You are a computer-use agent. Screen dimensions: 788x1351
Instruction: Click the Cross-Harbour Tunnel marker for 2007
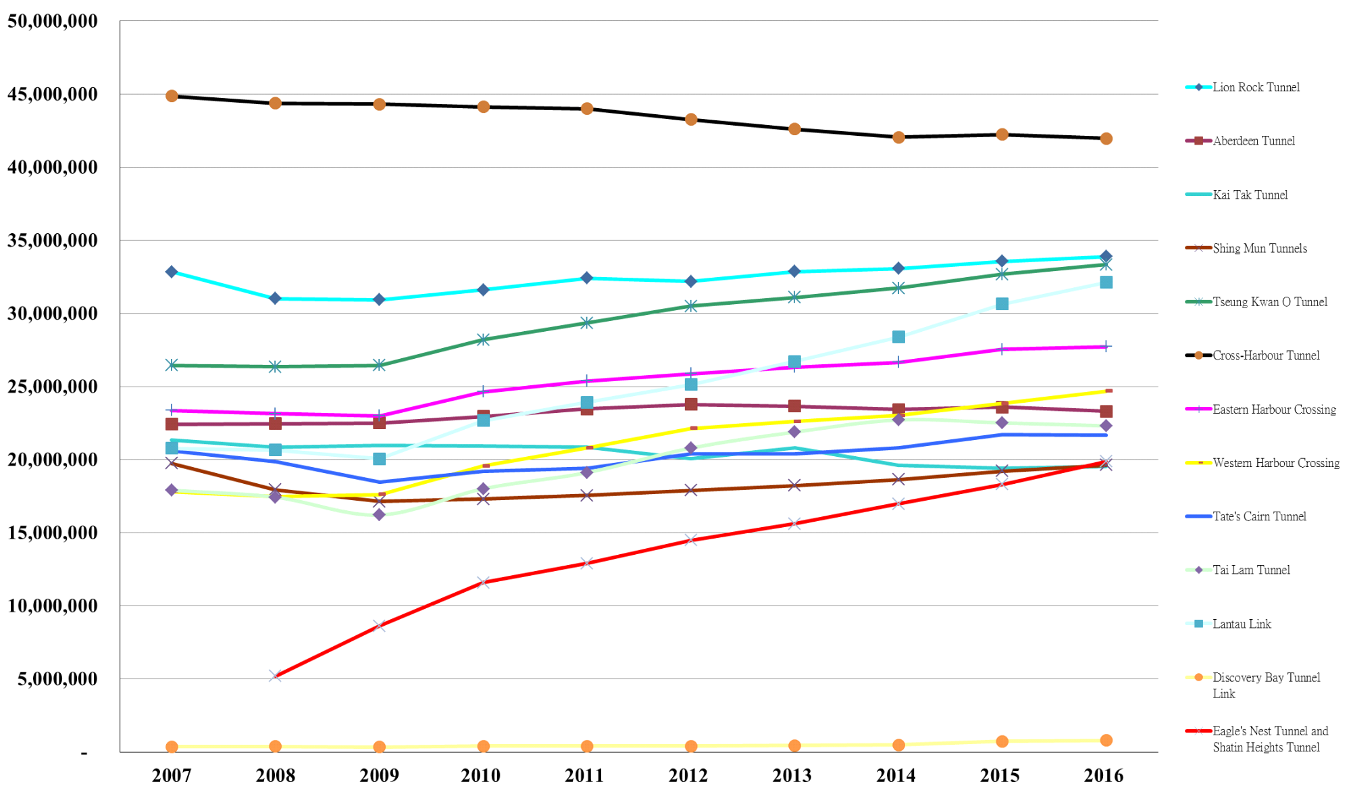coord(172,96)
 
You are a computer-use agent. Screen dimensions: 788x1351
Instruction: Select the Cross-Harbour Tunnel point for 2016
coord(1106,139)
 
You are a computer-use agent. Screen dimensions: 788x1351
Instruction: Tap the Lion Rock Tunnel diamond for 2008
coord(275,298)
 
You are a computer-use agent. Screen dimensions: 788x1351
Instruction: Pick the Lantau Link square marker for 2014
coord(898,337)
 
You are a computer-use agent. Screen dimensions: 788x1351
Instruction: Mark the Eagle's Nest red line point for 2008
coord(275,675)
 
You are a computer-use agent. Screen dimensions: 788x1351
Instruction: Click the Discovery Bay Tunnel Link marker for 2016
coord(1106,740)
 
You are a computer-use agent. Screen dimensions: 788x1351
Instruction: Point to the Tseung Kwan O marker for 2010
coord(483,339)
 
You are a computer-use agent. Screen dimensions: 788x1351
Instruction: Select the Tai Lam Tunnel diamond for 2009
coord(379,515)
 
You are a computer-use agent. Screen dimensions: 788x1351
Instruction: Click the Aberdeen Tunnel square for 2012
coord(691,404)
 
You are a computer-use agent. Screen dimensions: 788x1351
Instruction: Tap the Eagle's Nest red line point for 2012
coord(691,539)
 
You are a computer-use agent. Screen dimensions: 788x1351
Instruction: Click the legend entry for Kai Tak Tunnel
coord(1250,195)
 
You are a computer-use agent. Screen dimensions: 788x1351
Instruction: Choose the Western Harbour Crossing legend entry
coord(1275,463)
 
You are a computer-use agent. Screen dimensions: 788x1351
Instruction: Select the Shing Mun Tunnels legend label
coord(1259,248)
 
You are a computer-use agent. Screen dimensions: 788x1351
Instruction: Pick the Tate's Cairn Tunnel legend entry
coord(1259,516)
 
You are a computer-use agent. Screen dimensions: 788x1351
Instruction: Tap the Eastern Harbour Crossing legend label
coord(1274,410)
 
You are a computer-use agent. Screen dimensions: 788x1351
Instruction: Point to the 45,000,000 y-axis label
coord(53,94)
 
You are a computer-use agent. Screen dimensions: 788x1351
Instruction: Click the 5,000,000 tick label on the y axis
coord(57,679)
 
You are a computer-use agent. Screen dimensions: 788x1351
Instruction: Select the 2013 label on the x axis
coord(792,775)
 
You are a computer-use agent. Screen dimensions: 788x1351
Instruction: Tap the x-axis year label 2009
coord(379,775)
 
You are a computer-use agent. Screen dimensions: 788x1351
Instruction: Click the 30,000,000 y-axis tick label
coord(53,313)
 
